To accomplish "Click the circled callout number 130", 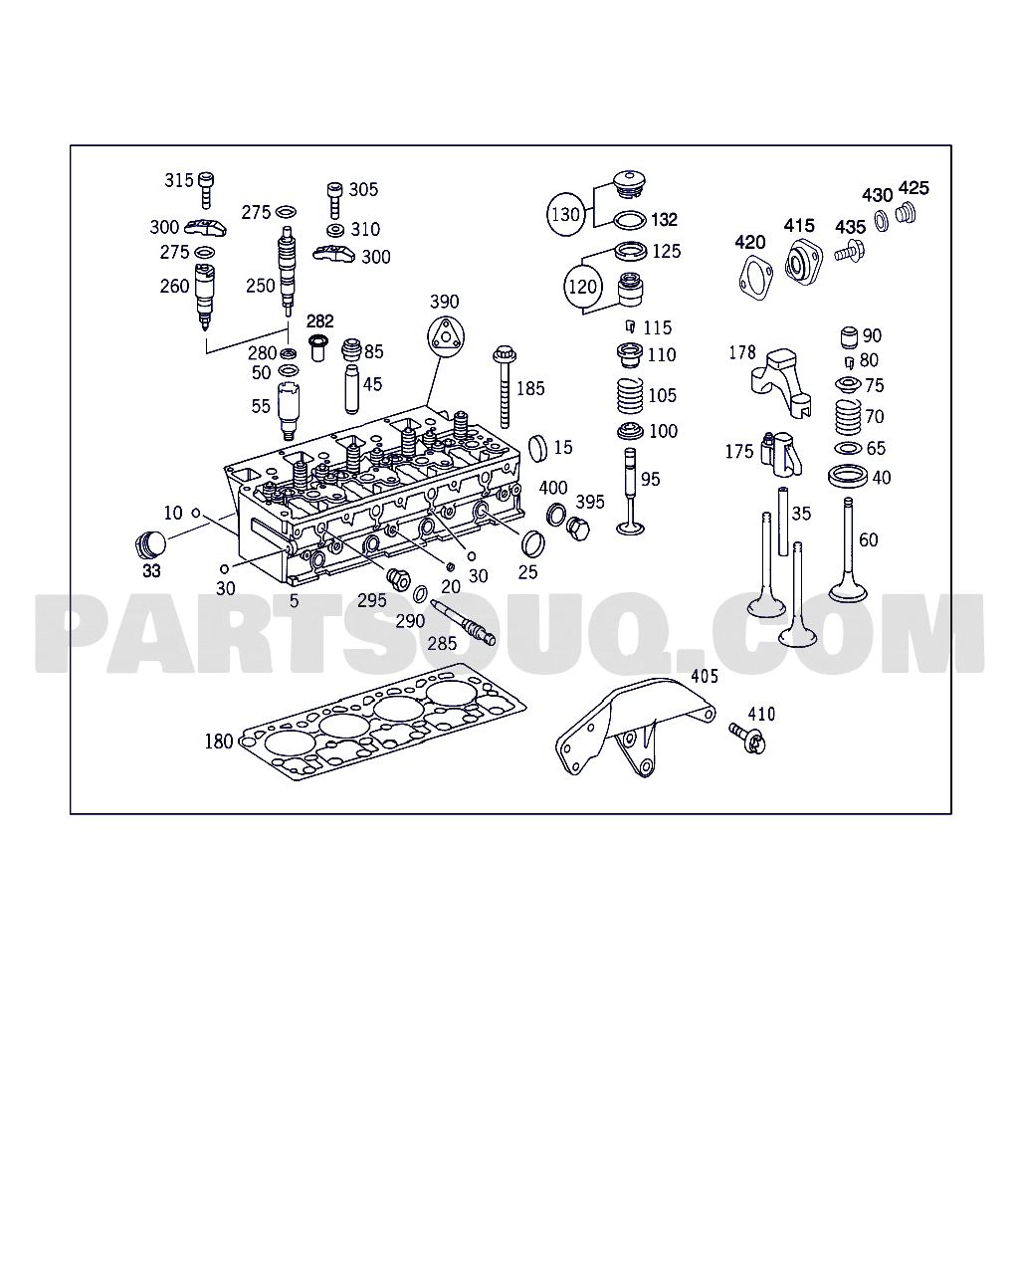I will [565, 214].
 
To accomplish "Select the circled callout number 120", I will [583, 287].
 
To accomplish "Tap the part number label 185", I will [530, 388].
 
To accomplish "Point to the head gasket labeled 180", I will [388, 722].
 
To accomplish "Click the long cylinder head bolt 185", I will [505, 388].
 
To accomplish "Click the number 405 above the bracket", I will [705, 677].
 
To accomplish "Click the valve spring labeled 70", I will [847, 417].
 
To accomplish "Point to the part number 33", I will [151, 571].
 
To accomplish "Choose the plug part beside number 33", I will [149, 544].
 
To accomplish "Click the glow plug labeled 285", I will [463, 624].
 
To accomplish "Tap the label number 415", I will [799, 226].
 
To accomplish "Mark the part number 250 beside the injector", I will [260, 286].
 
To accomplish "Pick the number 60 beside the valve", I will [869, 540].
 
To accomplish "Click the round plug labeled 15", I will [536, 448].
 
